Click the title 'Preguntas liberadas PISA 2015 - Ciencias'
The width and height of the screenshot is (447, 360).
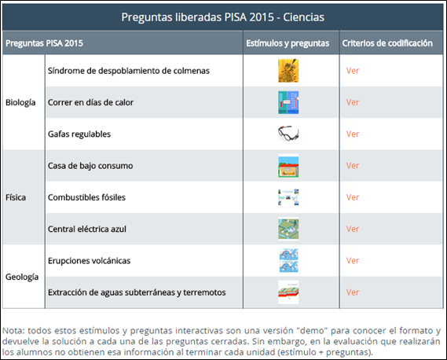point(222,17)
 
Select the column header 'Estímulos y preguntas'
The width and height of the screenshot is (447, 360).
point(288,43)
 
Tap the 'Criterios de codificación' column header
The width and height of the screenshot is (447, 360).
point(387,43)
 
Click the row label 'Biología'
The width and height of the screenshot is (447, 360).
point(20,102)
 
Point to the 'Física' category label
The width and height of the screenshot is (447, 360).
point(16,197)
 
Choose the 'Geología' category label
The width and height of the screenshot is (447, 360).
point(22,277)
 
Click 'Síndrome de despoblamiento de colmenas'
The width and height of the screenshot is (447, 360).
point(129,71)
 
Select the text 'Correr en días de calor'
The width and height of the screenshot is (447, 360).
point(90,102)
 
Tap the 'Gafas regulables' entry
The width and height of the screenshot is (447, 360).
point(79,134)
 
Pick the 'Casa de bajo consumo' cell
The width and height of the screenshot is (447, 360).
point(90,166)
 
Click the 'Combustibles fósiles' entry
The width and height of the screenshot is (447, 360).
point(86,197)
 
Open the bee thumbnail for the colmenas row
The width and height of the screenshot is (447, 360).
point(288,71)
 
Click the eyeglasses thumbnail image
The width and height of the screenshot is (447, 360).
point(288,134)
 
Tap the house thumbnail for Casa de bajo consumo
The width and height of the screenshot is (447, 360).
point(288,166)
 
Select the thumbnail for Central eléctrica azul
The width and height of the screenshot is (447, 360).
point(288,229)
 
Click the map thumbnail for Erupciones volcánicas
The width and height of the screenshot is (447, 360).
point(288,260)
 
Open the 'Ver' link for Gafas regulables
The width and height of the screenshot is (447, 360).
point(353,134)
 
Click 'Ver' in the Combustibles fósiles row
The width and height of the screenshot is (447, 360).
point(353,197)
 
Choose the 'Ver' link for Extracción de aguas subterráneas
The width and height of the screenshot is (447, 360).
point(353,292)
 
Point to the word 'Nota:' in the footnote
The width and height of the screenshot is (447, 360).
point(13,331)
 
